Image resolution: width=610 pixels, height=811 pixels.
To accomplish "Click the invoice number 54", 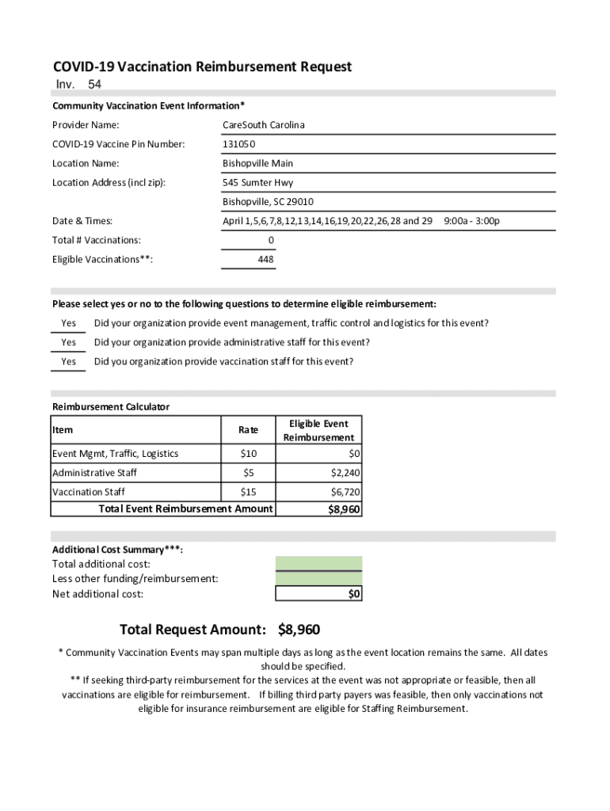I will [x=94, y=85].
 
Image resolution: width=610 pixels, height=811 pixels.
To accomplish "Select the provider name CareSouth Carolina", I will [x=263, y=125].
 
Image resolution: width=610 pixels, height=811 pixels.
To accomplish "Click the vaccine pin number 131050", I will [x=239, y=144].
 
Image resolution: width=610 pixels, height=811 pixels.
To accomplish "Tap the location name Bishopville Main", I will [x=257, y=163].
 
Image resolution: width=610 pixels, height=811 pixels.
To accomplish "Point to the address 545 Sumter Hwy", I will [x=257, y=183].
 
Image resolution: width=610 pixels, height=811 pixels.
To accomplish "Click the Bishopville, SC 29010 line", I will [x=268, y=202].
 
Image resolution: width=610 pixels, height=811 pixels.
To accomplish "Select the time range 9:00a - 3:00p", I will [x=472, y=221].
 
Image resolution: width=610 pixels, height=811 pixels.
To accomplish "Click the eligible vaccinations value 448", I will [x=266, y=260].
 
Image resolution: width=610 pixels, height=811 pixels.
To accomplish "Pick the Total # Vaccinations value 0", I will [x=271, y=240].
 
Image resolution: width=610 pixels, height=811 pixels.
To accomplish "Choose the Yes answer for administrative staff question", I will [x=69, y=343].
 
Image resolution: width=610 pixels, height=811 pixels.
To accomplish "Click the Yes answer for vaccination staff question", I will [x=69, y=362].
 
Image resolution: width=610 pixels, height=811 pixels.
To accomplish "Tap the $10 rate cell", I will [x=248, y=454].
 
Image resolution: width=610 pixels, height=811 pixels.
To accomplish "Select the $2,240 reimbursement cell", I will [x=345, y=473].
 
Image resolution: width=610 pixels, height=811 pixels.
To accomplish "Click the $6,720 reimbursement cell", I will [x=345, y=492].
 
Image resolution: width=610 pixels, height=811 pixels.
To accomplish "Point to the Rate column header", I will [x=248, y=430].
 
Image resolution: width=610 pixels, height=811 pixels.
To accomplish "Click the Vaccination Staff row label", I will [x=88, y=492].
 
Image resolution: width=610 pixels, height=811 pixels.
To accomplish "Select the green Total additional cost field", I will [x=318, y=564].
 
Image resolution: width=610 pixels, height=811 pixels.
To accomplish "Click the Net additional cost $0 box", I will [x=318, y=594].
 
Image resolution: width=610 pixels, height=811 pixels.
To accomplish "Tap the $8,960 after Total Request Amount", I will [x=299, y=630].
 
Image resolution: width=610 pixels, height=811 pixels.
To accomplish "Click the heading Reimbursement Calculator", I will [x=111, y=407].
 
